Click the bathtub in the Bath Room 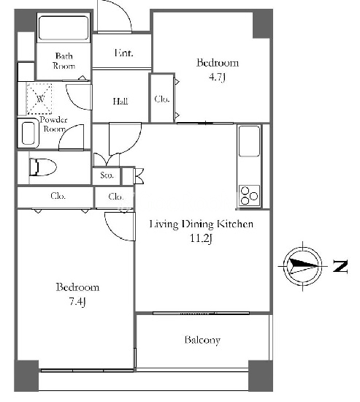[64, 28]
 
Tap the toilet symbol [43, 167]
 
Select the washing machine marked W [39, 98]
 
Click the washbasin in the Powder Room [28, 133]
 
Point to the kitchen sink [249, 141]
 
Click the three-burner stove [249, 196]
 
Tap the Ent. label [123, 53]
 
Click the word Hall [120, 102]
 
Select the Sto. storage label [107, 175]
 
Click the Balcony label [202, 340]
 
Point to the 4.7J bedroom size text [217, 77]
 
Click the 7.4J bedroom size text [77, 301]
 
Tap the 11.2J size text [201, 239]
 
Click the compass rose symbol [303, 266]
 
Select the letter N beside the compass [340, 266]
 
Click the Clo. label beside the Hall [162, 99]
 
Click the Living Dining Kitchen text [202, 224]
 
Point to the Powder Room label [53, 124]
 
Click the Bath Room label [64, 61]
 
